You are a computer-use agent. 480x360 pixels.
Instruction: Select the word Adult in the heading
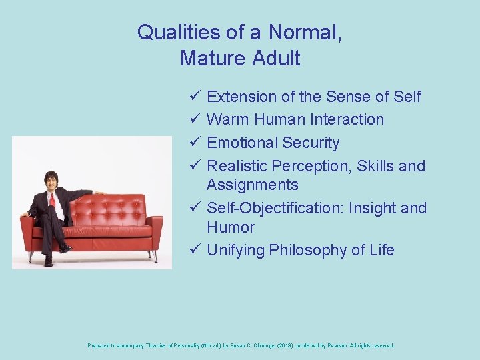coord(276,59)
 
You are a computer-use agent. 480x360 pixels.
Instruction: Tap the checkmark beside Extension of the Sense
coord(193,97)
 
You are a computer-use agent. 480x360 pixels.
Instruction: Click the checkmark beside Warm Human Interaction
coord(193,119)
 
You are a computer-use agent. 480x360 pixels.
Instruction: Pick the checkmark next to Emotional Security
coord(193,143)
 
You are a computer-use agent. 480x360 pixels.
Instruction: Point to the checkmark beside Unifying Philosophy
coord(193,250)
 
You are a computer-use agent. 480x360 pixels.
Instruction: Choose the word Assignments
coord(253,185)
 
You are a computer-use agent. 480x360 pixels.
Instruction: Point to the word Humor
coord(231,227)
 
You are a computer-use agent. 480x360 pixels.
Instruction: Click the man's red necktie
coord(52,199)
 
